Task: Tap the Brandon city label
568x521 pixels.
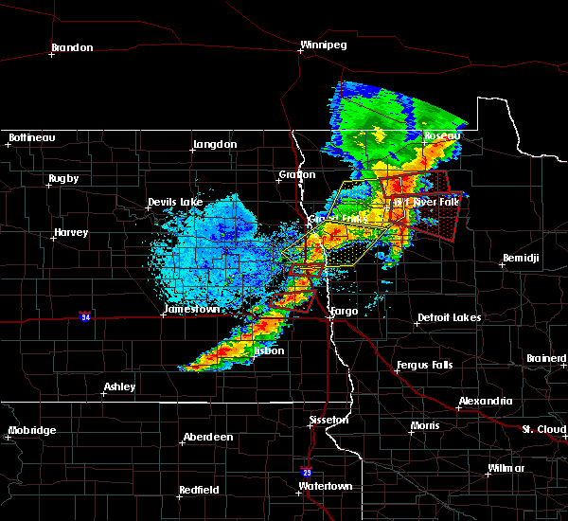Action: point(72,47)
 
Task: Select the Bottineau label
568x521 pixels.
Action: point(31,138)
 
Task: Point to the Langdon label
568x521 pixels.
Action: point(215,144)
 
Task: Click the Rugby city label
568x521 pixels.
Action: point(63,178)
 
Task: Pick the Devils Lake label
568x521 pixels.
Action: point(175,202)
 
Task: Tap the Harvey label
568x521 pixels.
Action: point(71,232)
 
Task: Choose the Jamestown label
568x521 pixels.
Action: point(191,309)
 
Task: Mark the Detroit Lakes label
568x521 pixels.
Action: point(449,317)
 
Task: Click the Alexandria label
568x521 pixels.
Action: point(486,401)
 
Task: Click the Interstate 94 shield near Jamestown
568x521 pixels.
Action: point(85,314)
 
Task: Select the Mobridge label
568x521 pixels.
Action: point(31,430)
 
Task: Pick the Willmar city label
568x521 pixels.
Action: point(506,469)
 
